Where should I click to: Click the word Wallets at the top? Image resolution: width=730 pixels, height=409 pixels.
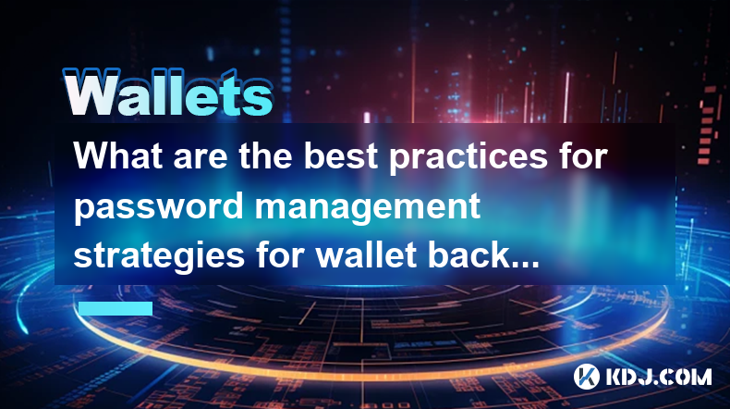168,93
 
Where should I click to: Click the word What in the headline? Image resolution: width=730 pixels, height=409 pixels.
118,155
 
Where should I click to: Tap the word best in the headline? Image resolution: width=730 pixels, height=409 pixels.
341,155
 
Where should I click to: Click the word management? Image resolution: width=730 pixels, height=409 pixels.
368,207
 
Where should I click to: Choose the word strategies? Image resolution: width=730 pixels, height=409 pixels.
159,257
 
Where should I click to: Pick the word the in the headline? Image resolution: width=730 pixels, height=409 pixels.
266,155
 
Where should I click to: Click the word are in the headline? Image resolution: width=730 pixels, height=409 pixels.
201,158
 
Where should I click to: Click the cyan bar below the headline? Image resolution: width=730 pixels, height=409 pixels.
116,308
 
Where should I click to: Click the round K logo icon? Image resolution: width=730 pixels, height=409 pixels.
587,377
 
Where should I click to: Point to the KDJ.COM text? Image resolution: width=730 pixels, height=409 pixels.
658,377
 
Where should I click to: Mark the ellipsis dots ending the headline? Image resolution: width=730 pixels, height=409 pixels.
525,265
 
